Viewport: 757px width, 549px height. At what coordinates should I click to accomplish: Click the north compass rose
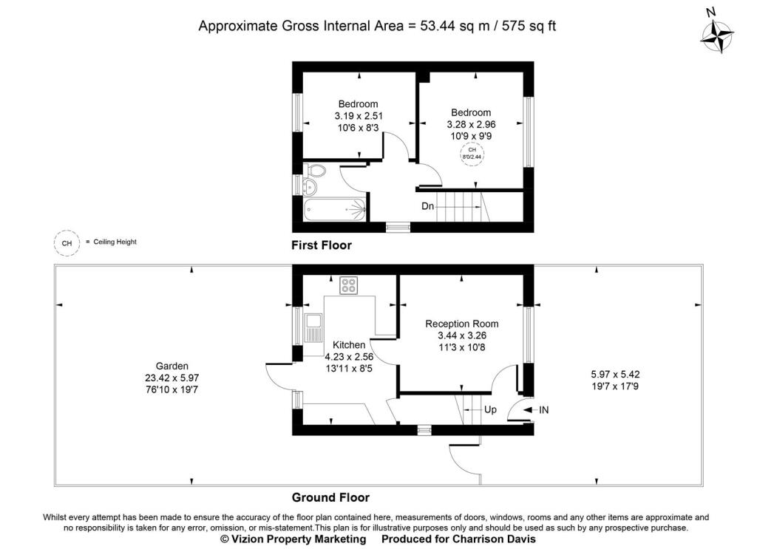click(716, 35)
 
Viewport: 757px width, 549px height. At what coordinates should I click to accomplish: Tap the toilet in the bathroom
click(316, 172)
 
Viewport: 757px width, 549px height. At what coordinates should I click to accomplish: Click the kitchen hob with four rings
click(348, 284)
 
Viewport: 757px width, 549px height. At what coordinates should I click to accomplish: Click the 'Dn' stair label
click(428, 206)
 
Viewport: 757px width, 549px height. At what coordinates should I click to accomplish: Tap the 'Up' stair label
click(490, 409)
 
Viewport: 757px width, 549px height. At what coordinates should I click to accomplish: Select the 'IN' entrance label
click(544, 409)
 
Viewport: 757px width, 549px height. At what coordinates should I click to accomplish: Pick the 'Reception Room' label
click(461, 324)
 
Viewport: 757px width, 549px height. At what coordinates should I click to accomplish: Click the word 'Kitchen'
click(348, 345)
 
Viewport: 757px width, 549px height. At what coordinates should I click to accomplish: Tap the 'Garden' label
click(172, 366)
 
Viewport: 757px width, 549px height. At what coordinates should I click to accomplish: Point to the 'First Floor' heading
click(322, 245)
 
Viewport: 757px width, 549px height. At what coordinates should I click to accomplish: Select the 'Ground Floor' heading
click(330, 497)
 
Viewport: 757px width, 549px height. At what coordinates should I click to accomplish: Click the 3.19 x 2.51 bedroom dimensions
click(358, 115)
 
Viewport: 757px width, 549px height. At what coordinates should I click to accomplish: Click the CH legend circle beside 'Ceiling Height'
click(67, 242)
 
